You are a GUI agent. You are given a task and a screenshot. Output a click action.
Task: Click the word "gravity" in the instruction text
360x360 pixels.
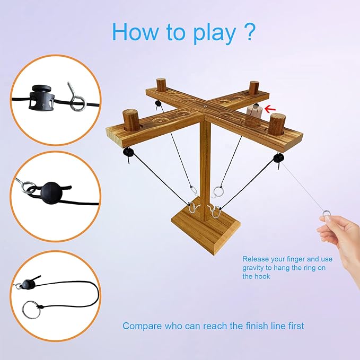click(257, 268)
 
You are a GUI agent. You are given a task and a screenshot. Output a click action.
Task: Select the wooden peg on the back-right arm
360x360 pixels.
click(254, 88)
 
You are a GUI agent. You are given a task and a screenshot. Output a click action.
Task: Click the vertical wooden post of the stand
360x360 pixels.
click(203, 159)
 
